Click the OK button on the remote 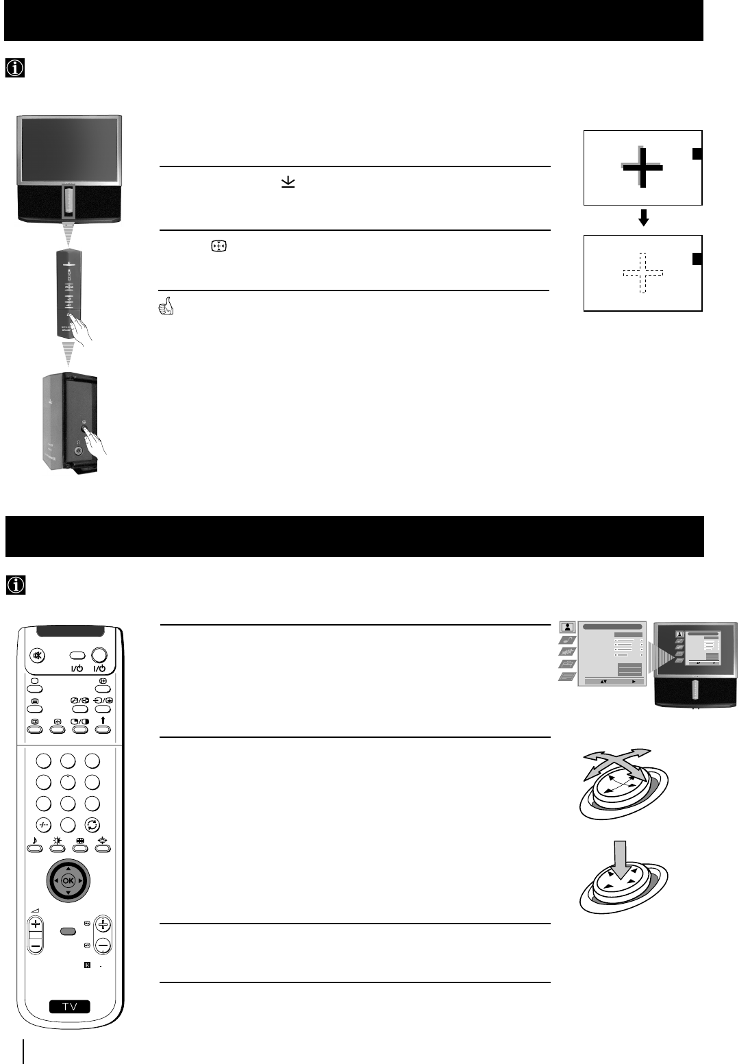click(x=68, y=880)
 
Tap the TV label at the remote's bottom click(x=70, y=1006)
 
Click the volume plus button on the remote click(x=36, y=924)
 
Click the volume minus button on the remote click(x=36, y=945)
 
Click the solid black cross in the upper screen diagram click(x=642, y=168)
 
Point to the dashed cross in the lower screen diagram click(x=642, y=273)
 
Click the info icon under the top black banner click(x=14, y=68)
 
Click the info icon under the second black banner click(x=14, y=584)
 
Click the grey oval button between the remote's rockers click(x=68, y=931)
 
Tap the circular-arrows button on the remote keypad click(x=92, y=826)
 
